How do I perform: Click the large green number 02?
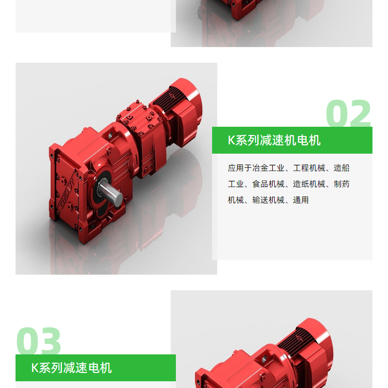click(348, 113)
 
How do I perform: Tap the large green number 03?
click(39, 341)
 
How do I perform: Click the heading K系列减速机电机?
click(274, 140)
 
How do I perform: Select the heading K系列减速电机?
click(71, 368)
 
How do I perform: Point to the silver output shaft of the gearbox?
click(110, 192)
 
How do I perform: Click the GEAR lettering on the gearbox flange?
click(67, 189)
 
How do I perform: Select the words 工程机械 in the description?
click(309, 168)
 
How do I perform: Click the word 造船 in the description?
click(341, 168)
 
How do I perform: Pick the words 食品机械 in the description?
click(268, 184)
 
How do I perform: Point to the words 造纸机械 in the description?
click(309, 184)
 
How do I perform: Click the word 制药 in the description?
click(341, 184)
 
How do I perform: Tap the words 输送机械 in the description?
click(268, 200)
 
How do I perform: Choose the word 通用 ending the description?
click(301, 200)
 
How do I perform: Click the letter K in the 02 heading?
click(231, 140)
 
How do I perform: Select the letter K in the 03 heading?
click(35, 368)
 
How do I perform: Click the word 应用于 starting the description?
click(240, 168)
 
